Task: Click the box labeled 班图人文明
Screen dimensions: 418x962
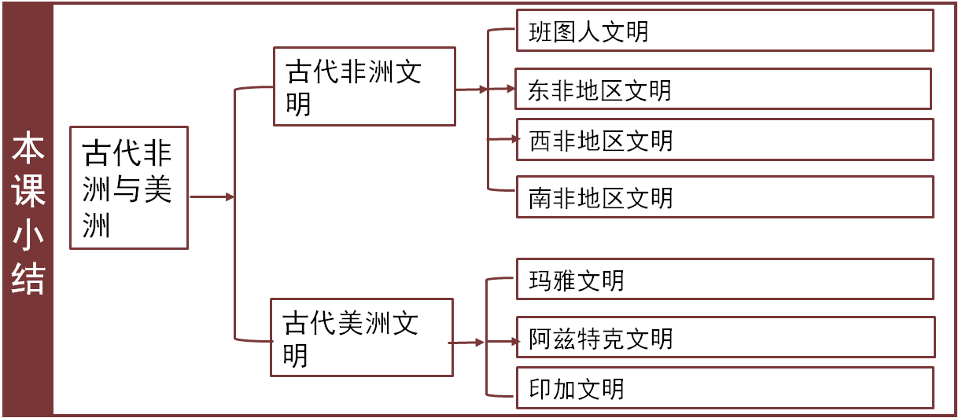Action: [724, 31]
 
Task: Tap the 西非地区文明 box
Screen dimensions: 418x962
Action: [724, 140]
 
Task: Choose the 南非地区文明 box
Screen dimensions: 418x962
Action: [724, 196]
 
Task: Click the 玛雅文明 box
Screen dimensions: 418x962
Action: [724, 279]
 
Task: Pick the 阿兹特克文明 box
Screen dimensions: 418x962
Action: [724, 338]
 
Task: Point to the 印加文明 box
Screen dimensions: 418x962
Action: [724, 388]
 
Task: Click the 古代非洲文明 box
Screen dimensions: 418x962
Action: [364, 86]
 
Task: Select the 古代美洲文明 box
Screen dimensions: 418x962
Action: [362, 337]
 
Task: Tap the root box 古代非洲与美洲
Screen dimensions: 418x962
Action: [129, 188]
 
